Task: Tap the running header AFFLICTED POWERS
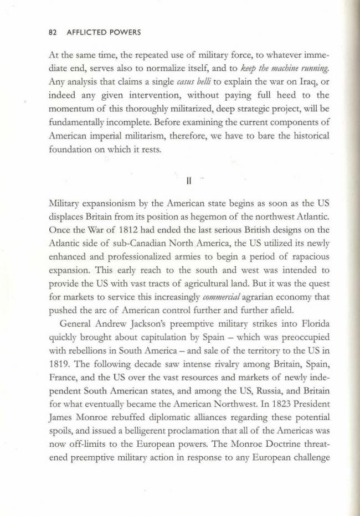coord(104,32)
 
